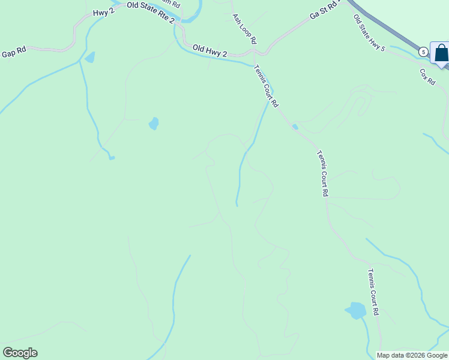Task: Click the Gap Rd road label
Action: click(x=14, y=53)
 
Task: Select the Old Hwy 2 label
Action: click(x=209, y=50)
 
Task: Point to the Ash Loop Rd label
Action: click(x=244, y=29)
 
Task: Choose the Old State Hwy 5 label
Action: click(x=369, y=33)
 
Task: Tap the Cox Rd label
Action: click(x=427, y=76)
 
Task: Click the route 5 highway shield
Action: click(x=423, y=52)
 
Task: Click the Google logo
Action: click(x=20, y=353)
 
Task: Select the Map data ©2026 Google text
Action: click(x=412, y=355)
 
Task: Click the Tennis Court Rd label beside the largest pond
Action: click(x=373, y=292)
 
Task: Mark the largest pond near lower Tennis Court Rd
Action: click(x=357, y=311)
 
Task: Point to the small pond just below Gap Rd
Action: click(x=90, y=58)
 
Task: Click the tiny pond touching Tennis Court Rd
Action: click(x=295, y=127)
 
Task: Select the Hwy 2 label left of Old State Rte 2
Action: click(x=103, y=13)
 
